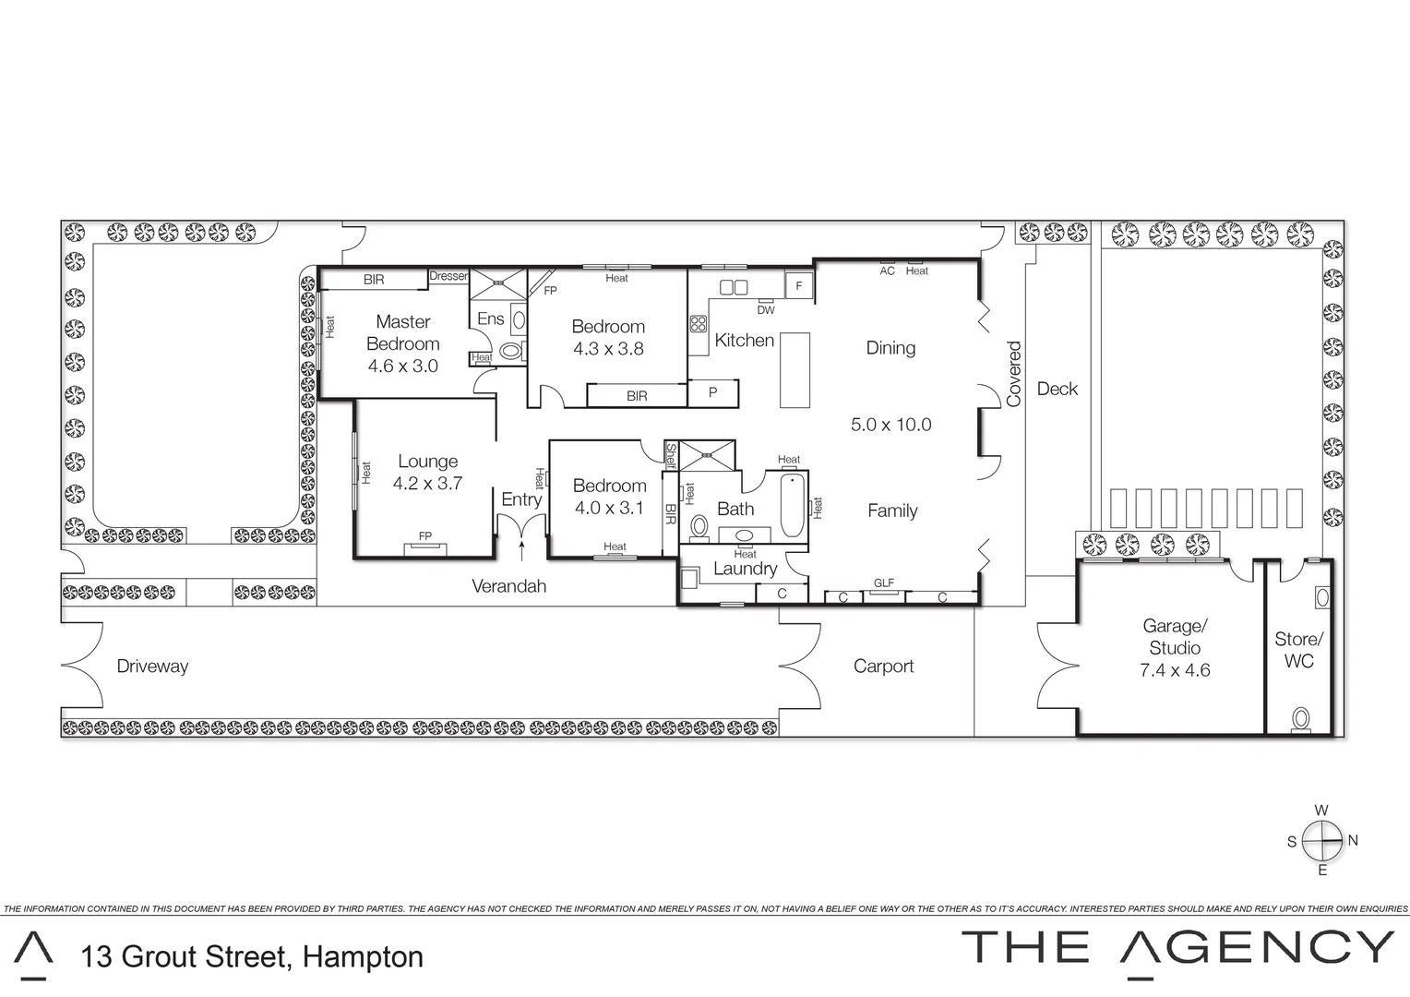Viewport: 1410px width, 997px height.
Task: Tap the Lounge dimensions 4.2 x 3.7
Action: (427, 483)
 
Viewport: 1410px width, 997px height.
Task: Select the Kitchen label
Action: (744, 341)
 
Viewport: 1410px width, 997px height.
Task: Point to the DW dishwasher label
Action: (766, 310)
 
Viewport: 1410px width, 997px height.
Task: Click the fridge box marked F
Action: (799, 286)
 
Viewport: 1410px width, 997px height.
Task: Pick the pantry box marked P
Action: (713, 393)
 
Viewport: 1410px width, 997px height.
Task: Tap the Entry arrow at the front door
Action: (522, 551)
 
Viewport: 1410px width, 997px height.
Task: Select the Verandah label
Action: (509, 586)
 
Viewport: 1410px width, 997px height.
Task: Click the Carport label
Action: (883, 667)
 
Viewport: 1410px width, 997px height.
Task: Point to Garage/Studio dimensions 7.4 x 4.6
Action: (1175, 671)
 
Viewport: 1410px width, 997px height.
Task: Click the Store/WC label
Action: (1298, 650)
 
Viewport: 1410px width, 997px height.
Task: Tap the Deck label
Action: (1057, 390)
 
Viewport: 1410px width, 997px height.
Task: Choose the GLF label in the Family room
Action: (883, 583)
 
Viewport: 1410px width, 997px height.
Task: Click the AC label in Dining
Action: (887, 271)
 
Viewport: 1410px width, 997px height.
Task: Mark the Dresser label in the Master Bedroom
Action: (449, 276)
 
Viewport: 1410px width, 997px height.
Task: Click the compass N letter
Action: (1353, 841)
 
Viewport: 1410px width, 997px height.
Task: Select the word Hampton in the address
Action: (364, 957)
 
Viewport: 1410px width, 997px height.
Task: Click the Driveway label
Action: (152, 667)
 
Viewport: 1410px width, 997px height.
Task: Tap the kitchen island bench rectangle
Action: (795, 370)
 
